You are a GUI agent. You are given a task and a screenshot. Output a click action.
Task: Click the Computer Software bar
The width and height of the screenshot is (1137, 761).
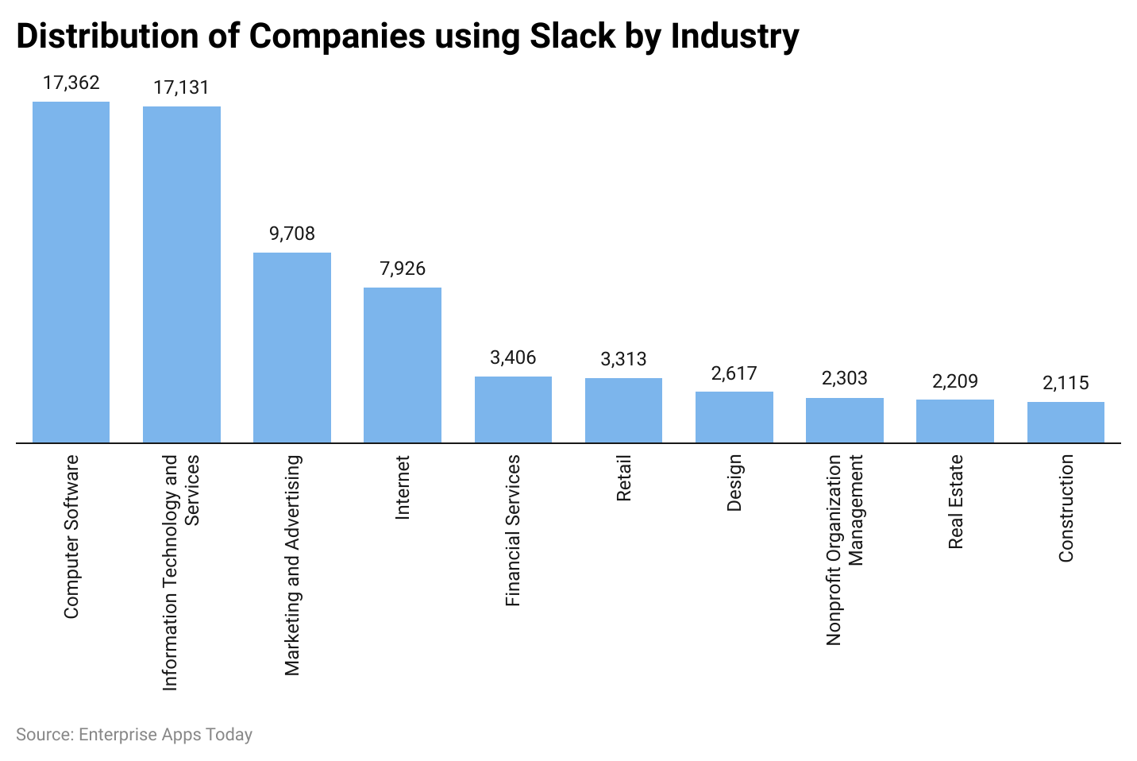[71, 272]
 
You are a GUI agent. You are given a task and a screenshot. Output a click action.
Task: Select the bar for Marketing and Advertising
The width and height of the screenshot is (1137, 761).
[292, 347]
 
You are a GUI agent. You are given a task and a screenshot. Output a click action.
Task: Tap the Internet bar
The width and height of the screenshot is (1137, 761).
[403, 365]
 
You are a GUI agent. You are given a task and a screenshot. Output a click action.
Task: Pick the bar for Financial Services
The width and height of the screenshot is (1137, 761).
[513, 409]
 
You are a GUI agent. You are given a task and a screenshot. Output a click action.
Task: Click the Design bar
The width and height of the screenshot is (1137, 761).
[734, 417]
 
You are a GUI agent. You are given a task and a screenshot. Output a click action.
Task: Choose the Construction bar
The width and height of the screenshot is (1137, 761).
[1066, 422]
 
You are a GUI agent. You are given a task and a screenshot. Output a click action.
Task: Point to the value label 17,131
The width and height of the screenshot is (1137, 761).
[181, 87]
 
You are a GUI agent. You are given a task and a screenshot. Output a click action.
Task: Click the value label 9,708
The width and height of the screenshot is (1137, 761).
[292, 234]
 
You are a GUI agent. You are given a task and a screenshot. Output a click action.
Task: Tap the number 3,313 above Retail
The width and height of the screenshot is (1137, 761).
[623, 359]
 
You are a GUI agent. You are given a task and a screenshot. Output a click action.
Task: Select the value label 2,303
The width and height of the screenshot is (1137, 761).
[845, 378]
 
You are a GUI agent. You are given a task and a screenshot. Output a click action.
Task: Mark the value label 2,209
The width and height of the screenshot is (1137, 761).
[955, 381]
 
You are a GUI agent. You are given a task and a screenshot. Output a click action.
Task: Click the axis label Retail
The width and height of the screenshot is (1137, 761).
[624, 478]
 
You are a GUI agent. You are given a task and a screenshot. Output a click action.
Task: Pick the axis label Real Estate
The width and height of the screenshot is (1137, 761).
[956, 501]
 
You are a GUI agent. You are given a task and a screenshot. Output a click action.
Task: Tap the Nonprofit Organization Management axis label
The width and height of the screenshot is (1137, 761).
[844, 550]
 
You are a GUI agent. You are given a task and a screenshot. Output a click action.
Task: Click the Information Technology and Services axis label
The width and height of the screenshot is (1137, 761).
[181, 572]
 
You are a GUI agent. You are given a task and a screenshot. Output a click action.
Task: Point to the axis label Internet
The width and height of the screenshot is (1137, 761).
[403, 487]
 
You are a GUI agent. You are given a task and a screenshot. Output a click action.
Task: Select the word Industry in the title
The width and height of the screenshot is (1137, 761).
[734, 36]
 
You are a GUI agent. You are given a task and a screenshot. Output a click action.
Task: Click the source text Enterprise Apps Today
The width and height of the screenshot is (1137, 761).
[165, 735]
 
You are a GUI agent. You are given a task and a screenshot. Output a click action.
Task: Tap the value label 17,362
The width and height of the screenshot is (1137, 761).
[71, 83]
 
